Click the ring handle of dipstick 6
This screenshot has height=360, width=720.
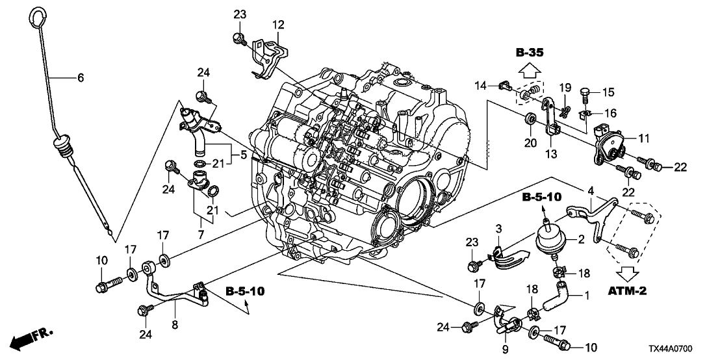31,18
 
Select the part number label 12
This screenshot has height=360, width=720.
278,24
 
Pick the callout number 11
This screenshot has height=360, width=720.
645,137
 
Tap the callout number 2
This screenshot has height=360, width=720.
580,238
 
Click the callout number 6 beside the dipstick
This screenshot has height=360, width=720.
81,78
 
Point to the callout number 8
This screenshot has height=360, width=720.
175,325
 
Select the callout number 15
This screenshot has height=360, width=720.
608,92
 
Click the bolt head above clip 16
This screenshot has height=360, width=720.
586,94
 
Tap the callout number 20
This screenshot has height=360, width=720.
531,143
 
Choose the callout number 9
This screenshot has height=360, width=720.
505,350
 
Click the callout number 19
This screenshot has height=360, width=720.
565,88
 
